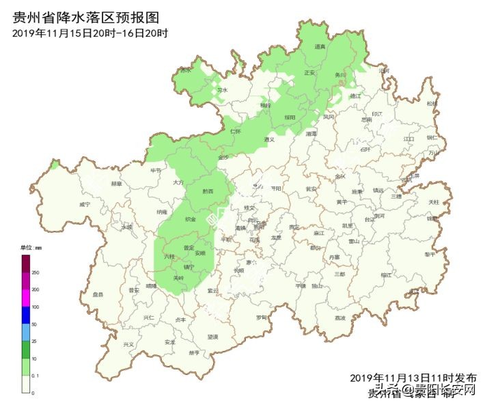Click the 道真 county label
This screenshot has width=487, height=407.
[x=319, y=46]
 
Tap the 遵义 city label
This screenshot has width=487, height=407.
[x=268, y=139]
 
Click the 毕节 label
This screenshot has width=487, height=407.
[x=156, y=170]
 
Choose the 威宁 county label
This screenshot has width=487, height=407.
[x=85, y=203]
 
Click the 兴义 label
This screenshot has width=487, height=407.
[x=128, y=344]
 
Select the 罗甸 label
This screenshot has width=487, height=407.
[x=262, y=317]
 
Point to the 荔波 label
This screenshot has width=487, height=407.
[x=339, y=318]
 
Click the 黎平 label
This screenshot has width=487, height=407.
[x=429, y=254]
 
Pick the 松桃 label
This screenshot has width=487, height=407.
[x=432, y=103]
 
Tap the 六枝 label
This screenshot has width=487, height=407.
[x=169, y=256]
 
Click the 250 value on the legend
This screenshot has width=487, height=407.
[x=36, y=272]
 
